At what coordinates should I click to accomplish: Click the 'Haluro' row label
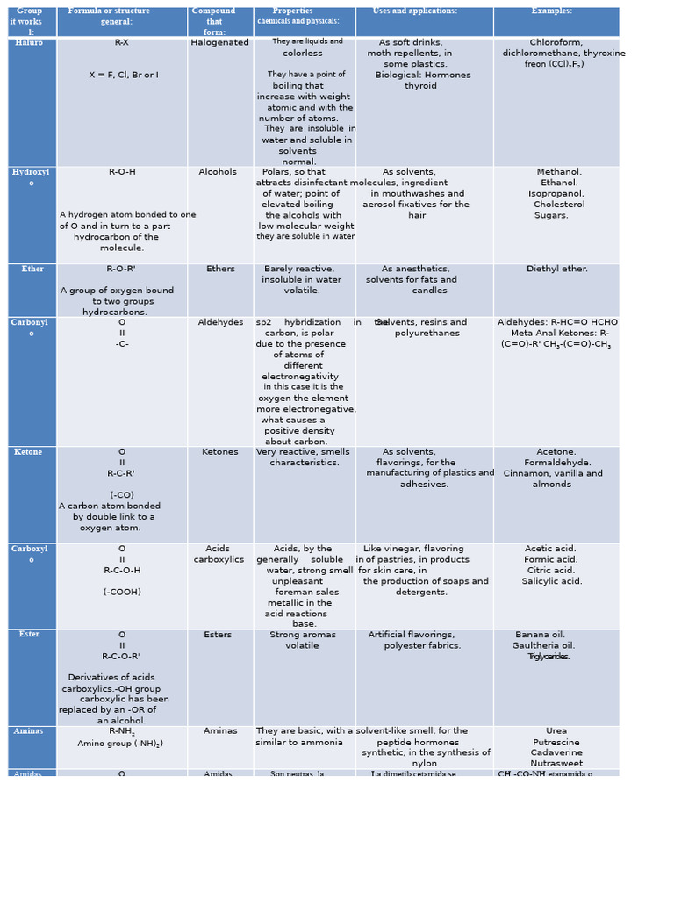coord(29,43)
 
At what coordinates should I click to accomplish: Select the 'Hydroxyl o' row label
coord(31,177)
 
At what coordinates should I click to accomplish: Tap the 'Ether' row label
coord(32,270)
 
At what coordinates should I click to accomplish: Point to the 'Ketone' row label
coord(28,453)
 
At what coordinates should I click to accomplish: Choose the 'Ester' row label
coord(29,635)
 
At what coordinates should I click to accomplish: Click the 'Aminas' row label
coord(28,731)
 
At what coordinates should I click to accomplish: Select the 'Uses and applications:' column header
coord(415,11)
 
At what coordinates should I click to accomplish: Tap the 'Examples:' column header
coord(552,11)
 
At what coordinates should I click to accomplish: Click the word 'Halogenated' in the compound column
coord(219,43)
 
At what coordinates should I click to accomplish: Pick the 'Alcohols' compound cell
coord(218,173)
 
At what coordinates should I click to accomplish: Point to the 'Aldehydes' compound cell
coord(220,323)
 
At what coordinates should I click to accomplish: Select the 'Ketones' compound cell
coord(219,453)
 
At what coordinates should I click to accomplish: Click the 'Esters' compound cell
coord(218,636)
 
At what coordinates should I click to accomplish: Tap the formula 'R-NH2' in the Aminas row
coord(122,731)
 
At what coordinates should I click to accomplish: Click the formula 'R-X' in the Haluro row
coord(122,43)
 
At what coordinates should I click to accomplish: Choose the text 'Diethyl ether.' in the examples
coord(557,270)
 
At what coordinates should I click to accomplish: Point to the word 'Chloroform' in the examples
coord(556,43)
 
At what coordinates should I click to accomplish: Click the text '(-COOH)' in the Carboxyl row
coord(122,593)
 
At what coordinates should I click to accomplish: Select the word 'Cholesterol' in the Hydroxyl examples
coord(559,205)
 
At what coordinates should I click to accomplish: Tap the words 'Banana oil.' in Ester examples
coord(540,636)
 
